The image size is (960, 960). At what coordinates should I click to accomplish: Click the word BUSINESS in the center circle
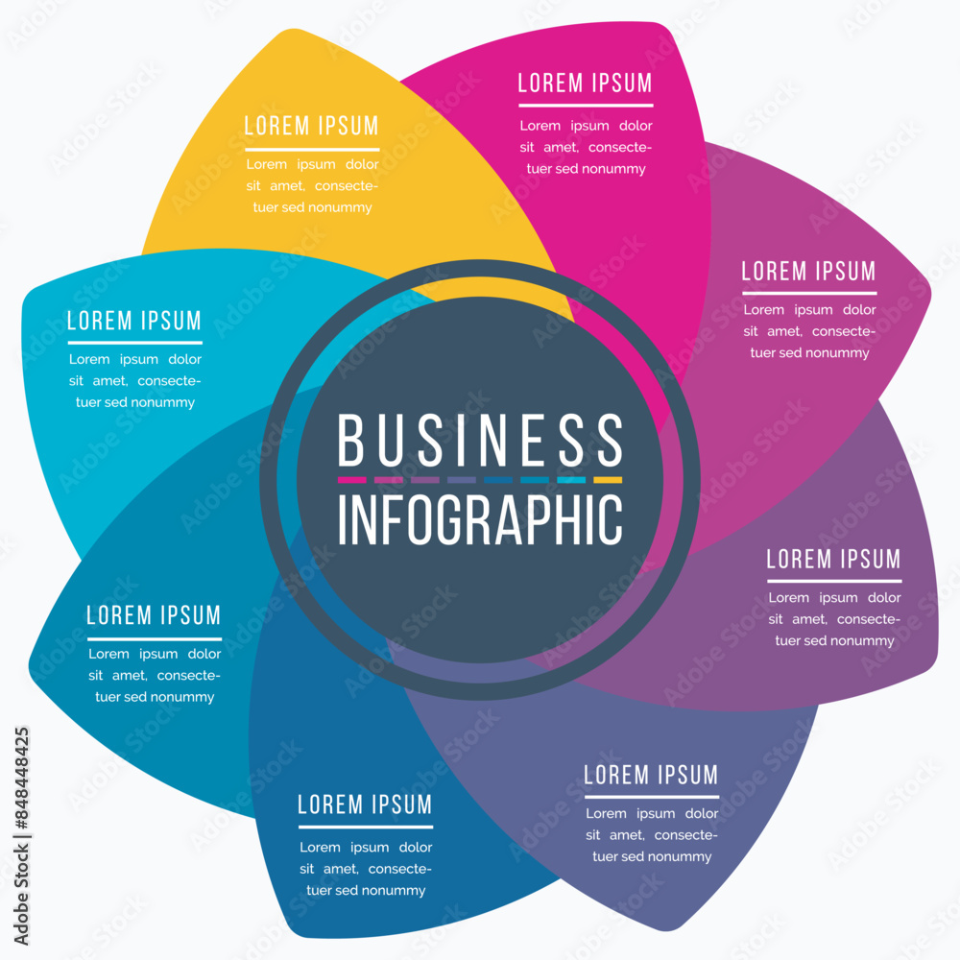point(480,440)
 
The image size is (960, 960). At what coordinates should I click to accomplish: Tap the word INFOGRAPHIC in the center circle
point(480,519)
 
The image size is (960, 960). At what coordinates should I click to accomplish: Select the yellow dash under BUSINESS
point(608,480)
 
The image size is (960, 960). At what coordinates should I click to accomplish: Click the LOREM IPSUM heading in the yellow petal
point(312,126)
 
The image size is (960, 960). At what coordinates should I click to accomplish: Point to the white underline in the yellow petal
point(312,149)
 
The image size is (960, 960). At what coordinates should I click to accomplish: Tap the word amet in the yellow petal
point(287,185)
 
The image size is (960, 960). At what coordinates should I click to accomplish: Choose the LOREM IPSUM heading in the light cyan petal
point(134,321)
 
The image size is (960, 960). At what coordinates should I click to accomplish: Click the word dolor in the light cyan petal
point(185,359)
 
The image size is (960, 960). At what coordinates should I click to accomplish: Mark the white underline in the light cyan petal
point(134,343)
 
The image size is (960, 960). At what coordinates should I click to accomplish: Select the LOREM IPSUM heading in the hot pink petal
point(586,83)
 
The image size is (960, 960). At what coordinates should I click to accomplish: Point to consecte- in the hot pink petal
point(620,148)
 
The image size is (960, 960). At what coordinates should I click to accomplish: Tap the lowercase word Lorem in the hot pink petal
point(540,126)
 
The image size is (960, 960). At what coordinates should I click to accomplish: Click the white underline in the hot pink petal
point(586,106)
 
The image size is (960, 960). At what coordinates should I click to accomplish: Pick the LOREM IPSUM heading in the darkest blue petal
point(365,804)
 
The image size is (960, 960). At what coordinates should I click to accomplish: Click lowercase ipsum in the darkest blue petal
point(370,848)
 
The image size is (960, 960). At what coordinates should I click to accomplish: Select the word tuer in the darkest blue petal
point(319,890)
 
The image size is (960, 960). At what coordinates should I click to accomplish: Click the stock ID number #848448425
point(21,779)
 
